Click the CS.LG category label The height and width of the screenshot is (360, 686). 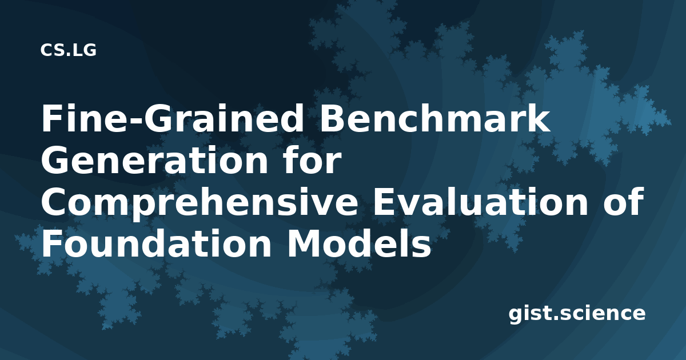coord(68,50)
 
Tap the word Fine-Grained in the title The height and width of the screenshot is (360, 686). coord(172,119)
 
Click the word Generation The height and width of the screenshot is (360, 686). coord(155,160)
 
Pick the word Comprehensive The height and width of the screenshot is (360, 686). coord(200,203)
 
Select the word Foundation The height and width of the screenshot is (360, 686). coord(156,243)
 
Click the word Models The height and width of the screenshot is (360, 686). coord(358,243)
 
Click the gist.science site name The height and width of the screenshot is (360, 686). coord(577,313)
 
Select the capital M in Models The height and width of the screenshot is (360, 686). coord(304,243)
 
